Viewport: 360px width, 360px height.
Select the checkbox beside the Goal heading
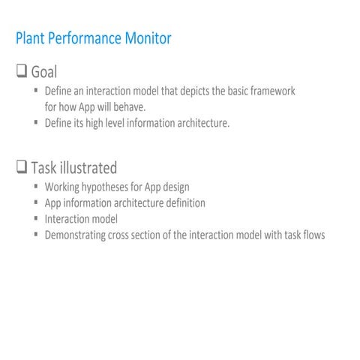click(22, 72)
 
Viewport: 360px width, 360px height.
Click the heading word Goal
click(44, 73)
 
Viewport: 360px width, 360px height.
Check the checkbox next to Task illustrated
click(22, 166)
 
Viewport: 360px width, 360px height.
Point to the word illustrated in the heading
click(88, 167)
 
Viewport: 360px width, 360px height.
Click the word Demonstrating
click(75, 235)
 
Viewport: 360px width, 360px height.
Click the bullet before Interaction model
click(36, 218)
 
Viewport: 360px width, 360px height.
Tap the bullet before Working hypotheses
click(36, 186)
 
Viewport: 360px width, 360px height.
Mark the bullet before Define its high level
click(36, 122)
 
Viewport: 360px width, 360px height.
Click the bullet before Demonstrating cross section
click(36, 234)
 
